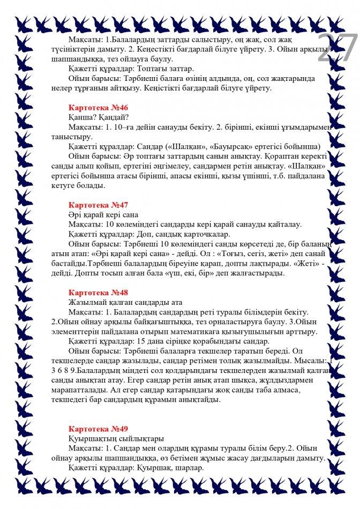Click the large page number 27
pyautogui.click(x=337, y=49)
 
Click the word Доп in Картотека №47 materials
pyautogui.click(x=144, y=234)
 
